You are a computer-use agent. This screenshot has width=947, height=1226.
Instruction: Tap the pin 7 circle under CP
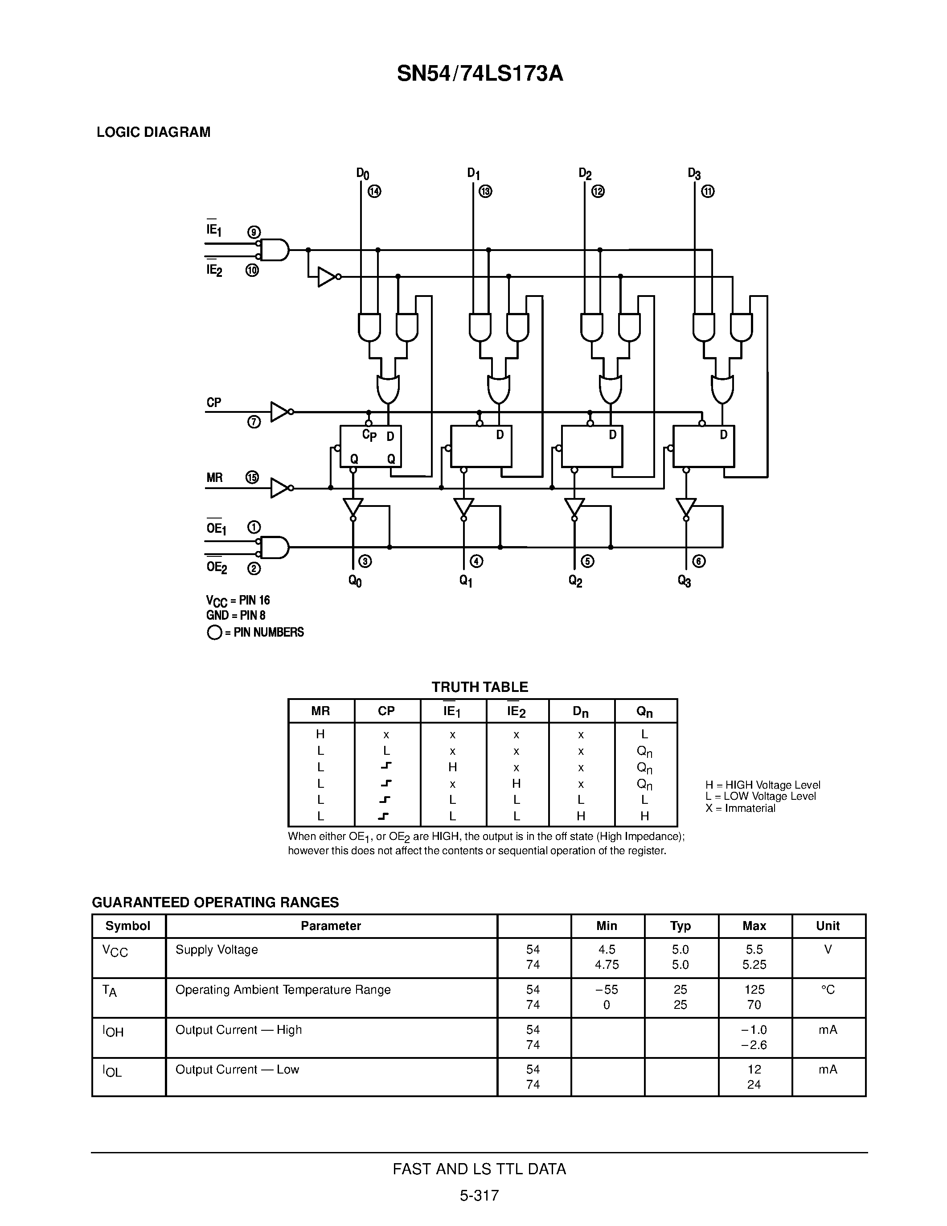(254, 422)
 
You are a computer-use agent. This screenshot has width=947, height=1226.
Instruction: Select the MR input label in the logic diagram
(214, 478)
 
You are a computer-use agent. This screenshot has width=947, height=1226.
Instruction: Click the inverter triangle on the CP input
(280, 411)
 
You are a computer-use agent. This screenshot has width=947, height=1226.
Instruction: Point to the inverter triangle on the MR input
(280, 488)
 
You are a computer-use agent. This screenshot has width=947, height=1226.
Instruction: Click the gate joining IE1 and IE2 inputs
(275, 250)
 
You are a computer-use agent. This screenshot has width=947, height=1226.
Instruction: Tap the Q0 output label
(355, 580)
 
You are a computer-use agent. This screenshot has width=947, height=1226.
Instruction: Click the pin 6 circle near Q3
(699, 561)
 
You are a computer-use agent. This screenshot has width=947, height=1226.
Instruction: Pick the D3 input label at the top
(694, 173)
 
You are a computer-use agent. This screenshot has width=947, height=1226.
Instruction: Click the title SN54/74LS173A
(480, 74)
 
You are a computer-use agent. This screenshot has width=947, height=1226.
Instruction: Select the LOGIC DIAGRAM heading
(153, 132)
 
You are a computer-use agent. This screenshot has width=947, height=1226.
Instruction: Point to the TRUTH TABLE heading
(480, 687)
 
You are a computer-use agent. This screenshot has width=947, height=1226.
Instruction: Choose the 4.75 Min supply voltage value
(607, 964)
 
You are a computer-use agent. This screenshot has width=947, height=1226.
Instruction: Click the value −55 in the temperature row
(607, 990)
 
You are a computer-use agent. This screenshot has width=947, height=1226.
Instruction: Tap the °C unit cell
(828, 990)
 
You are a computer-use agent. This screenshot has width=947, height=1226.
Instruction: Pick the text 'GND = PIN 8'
(236, 615)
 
